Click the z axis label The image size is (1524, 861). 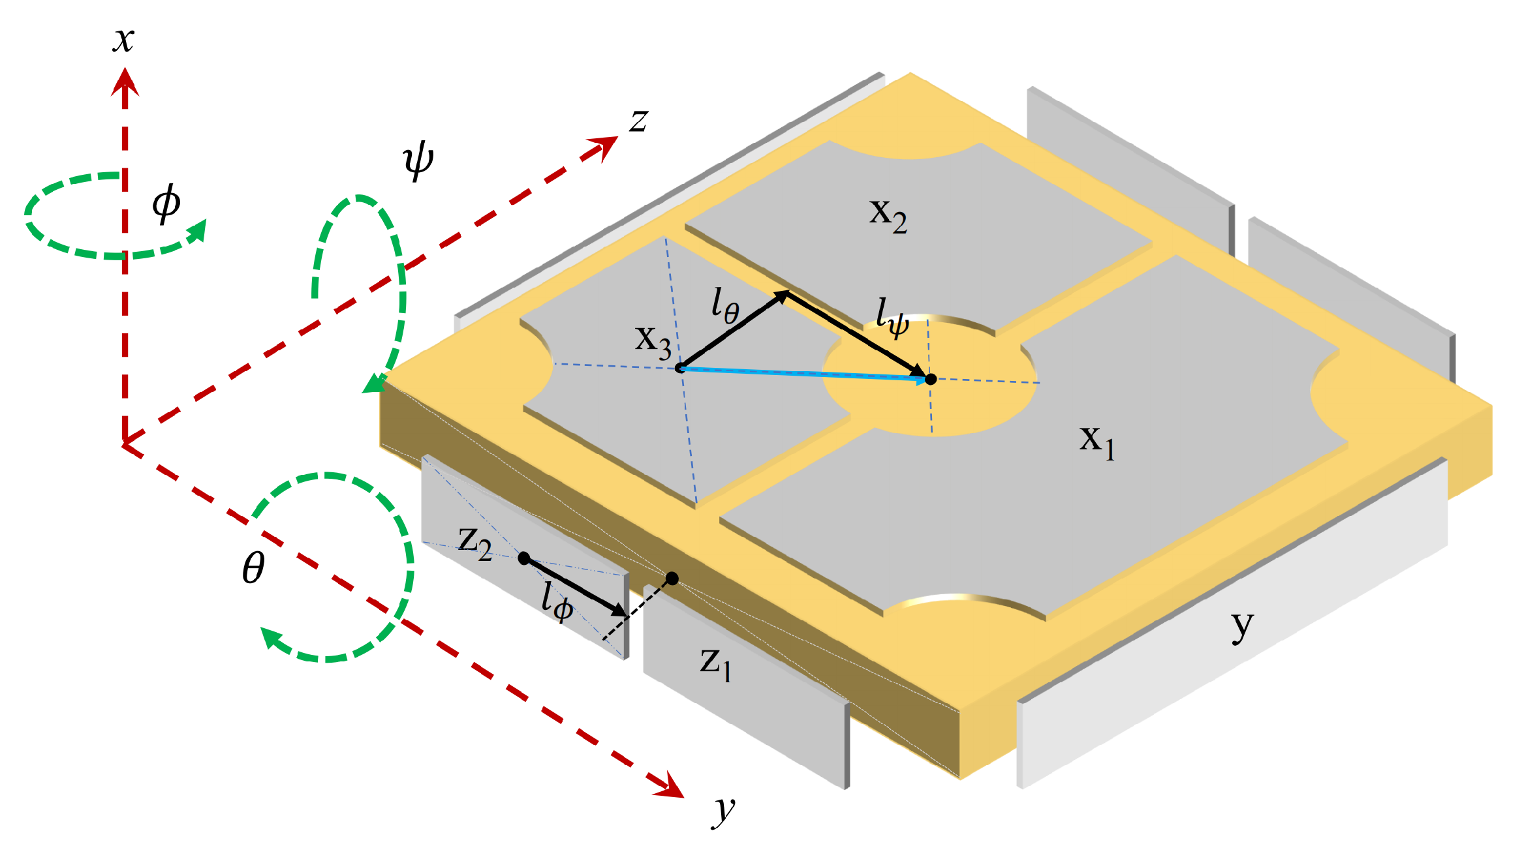coord(638,121)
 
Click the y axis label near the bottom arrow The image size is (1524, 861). coord(723,811)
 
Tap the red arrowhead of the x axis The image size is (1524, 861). coord(125,82)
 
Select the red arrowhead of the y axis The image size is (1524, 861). coord(670,786)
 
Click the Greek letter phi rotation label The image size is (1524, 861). coord(166,204)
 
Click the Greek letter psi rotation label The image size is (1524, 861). coord(418,160)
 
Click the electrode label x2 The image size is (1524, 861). coord(888,215)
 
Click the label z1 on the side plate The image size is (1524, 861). coord(716,663)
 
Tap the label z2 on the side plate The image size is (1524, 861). coord(475,543)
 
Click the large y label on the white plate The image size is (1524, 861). coord(1243,626)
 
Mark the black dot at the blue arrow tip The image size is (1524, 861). coord(931,379)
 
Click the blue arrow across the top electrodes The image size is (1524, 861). coord(803,373)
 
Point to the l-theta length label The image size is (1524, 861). coord(725,305)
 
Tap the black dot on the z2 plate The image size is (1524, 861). coord(523,558)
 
